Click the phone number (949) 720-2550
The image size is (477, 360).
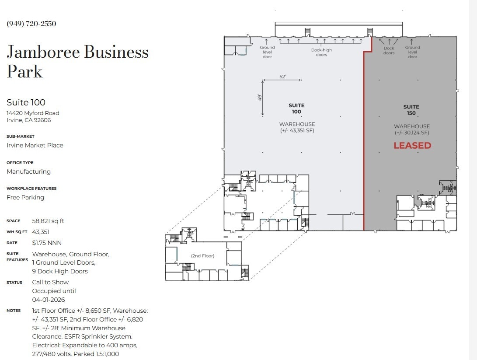coord(31,24)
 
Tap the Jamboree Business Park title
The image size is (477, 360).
coord(77,62)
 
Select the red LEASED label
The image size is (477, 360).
coord(412,146)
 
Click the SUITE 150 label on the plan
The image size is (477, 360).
coord(411,110)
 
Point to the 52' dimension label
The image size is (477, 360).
coord(282,77)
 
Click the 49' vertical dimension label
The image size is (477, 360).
coord(259,97)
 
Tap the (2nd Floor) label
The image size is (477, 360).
coord(202,256)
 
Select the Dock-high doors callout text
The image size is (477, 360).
coord(321,52)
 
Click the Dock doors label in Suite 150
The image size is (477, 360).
coord(389,51)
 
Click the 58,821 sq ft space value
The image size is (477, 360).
coord(48,221)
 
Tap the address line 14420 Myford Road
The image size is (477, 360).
coord(33,113)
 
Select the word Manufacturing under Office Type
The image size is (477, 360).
coord(28,171)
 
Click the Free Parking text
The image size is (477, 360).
coord(25,197)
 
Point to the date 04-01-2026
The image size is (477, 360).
coord(49,300)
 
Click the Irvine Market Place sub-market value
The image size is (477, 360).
coord(35,145)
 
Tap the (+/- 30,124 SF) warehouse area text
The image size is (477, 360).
coord(412,133)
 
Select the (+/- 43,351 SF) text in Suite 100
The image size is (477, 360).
coord(297,130)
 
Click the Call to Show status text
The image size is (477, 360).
coord(50,282)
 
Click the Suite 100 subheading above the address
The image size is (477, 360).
coord(26,102)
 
